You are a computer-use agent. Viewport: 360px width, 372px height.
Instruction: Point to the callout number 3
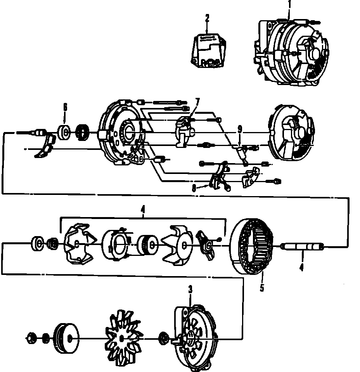pyautogui.click(x=190, y=289)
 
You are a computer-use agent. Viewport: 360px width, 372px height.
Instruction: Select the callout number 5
pyautogui.click(x=262, y=288)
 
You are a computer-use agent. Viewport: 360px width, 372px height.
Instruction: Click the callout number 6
pyautogui.click(x=65, y=106)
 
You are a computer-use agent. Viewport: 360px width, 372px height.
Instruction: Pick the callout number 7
pyautogui.click(x=197, y=101)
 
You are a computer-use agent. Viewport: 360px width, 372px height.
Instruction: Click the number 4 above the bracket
pyautogui.click(x=143, y=210)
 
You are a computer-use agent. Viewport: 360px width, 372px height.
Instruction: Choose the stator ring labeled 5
pyautogui.click(x=252, y=247)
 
